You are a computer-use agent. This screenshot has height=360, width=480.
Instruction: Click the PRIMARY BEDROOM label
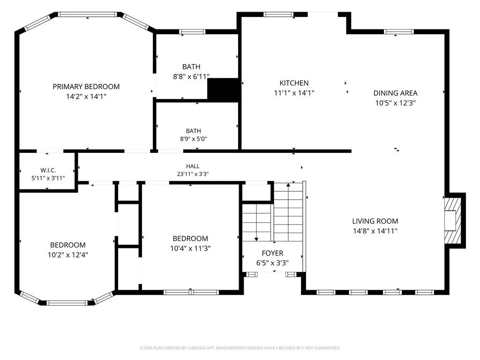(86, 87)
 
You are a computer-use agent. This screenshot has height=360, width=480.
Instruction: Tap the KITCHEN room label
(294, 83)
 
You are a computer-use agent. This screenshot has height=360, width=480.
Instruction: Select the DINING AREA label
(395, 93)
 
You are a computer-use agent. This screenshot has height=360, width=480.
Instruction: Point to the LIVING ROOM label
(375, 221)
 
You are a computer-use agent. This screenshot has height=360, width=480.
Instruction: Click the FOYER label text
(272, 253)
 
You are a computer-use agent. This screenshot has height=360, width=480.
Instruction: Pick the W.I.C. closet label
(48, 171)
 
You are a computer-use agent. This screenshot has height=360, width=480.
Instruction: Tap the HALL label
(193, 166)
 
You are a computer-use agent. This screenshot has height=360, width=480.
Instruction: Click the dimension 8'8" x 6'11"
(191, 76)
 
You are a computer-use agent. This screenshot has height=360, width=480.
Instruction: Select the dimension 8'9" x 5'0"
(194, 139)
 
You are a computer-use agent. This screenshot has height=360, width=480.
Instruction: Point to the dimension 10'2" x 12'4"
(67, 255)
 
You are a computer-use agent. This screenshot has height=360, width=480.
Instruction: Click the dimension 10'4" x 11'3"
(190, 248)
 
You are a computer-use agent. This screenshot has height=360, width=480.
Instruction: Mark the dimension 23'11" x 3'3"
(193, 174)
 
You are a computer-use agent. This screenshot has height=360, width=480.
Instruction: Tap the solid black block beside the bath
(223, 89)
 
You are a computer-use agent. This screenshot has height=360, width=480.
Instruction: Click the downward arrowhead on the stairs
(256, 239)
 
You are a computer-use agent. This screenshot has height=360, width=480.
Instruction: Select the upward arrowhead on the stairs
(288, 185)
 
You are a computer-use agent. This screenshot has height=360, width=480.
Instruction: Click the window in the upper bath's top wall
(192, 31)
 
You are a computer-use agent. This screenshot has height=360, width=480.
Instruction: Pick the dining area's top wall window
(398, 31)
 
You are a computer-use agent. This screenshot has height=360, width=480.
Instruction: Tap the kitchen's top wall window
(278, 15)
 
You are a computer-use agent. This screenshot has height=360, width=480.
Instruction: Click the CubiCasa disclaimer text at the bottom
(240, 348)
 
